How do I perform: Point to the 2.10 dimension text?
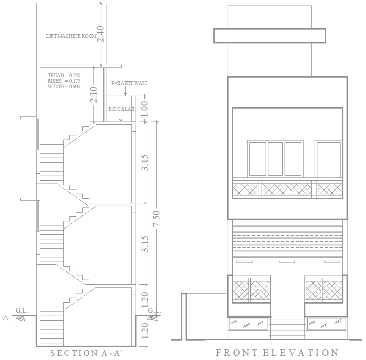(94, 95)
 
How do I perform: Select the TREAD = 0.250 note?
(64, 75)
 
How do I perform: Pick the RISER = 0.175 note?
(63, 81)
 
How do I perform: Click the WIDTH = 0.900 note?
(63, 86)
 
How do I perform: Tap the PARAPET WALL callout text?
(130, 83)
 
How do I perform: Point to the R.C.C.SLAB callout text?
(121, 110)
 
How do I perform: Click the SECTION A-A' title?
(86, 354)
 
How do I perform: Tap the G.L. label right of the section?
(154, 311)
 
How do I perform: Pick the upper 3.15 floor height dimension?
(144, 163)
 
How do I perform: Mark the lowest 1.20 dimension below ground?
(144, 331)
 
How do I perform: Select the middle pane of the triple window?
(275, 159)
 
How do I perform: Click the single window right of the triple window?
(328, 159)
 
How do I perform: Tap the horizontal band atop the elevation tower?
(269, 36)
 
